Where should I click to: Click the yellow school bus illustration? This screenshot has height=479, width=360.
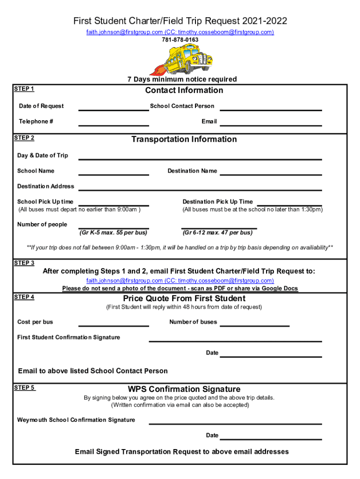tap(180, 59)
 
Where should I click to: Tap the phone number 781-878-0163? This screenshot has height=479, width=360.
tap(180, 40)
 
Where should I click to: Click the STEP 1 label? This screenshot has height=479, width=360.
tap(24, 89)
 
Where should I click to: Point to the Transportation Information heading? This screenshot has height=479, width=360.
tap(184, 139)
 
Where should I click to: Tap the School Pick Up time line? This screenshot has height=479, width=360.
tap(114, 204)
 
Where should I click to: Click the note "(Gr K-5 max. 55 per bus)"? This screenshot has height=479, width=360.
tap(113, 232)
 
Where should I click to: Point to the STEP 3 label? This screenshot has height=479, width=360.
tap(24, 263)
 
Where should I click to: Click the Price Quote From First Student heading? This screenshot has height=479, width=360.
tap(184, 298)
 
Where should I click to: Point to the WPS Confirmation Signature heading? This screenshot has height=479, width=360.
tap(184, 389)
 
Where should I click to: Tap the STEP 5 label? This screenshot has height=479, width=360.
tap(24, 387)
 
